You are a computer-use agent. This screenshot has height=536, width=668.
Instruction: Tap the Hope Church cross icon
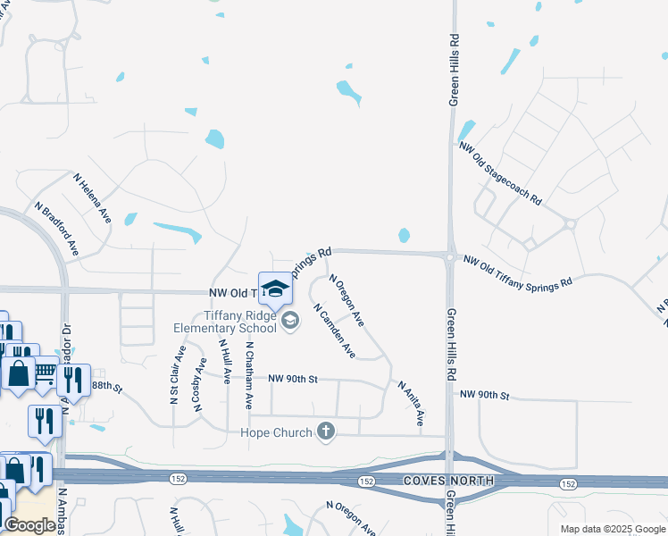326,432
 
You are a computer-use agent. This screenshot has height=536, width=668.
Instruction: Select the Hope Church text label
277,433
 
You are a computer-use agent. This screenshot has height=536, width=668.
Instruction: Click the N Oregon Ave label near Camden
347,300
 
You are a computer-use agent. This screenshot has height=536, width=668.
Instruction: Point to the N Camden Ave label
334,331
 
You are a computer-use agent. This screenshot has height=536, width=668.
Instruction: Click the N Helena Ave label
93,198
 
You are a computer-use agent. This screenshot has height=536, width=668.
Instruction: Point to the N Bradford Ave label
57,229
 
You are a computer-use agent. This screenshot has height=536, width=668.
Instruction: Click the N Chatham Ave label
249,375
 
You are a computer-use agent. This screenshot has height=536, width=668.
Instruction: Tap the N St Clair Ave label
175,375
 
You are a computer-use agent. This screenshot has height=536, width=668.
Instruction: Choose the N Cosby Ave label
196,384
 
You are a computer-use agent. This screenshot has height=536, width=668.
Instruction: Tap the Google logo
29,525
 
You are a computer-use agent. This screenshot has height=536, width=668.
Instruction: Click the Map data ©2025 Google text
612,529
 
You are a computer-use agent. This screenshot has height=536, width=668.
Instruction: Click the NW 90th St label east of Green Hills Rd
484,395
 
